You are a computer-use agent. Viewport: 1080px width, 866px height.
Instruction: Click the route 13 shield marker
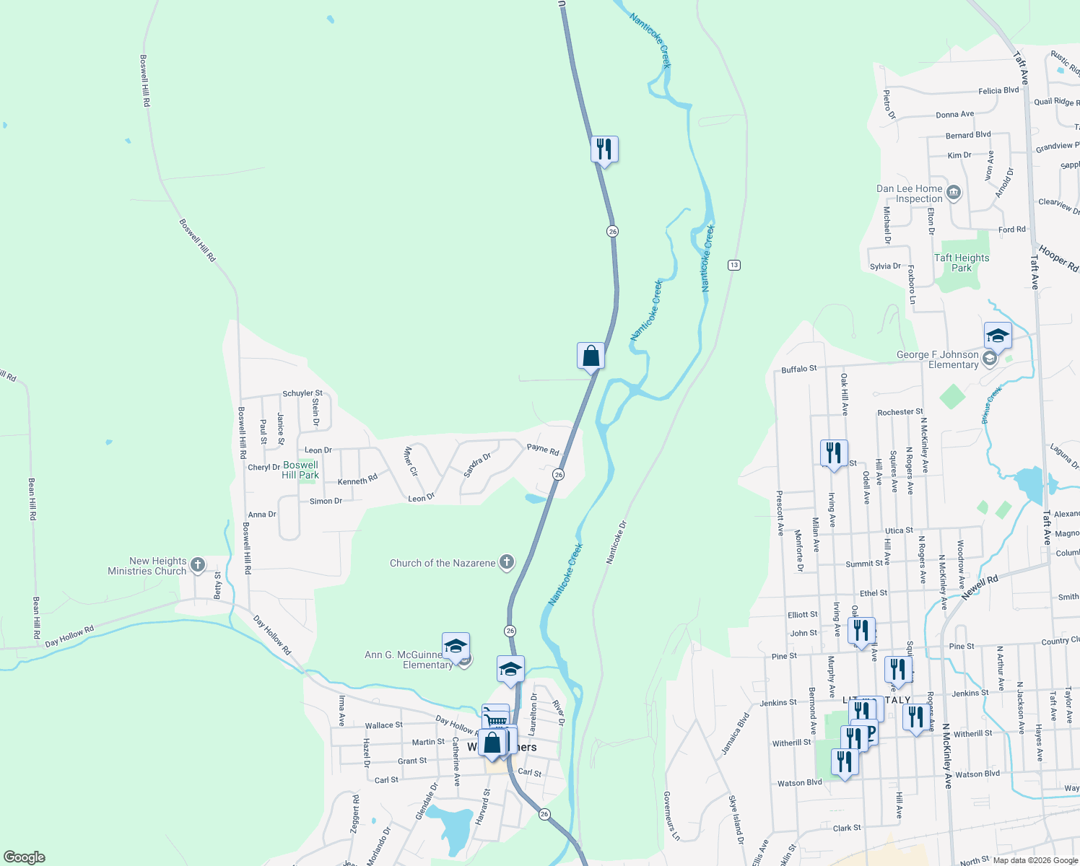[734, 265]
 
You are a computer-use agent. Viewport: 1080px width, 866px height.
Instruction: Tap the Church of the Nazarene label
[443, 563]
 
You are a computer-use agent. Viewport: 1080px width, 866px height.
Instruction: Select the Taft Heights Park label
[962, 263]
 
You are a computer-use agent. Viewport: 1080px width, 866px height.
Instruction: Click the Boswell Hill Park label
[300, 470]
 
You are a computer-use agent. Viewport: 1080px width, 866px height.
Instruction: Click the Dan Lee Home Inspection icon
[954, 193]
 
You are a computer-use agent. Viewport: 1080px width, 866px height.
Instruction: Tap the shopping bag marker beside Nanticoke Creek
[591, 357]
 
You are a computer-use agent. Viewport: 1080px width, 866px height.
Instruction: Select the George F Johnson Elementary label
[937, 359]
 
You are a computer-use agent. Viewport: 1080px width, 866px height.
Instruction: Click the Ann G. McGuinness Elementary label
[409, 660]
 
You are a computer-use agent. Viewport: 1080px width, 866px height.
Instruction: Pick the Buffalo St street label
[799, 369]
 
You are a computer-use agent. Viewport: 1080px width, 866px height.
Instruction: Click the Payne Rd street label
[543, 449]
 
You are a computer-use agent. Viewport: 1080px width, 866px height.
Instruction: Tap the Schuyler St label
[302, 393]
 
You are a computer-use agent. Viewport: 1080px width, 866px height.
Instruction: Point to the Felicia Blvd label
[998, 91]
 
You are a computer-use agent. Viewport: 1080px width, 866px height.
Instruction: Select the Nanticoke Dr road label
[617, 542]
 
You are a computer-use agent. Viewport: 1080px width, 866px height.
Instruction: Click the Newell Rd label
[979, 586]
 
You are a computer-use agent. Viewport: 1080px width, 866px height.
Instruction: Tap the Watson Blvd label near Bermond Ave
[800, 783]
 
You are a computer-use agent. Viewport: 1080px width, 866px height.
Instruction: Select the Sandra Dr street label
[476, 465]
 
